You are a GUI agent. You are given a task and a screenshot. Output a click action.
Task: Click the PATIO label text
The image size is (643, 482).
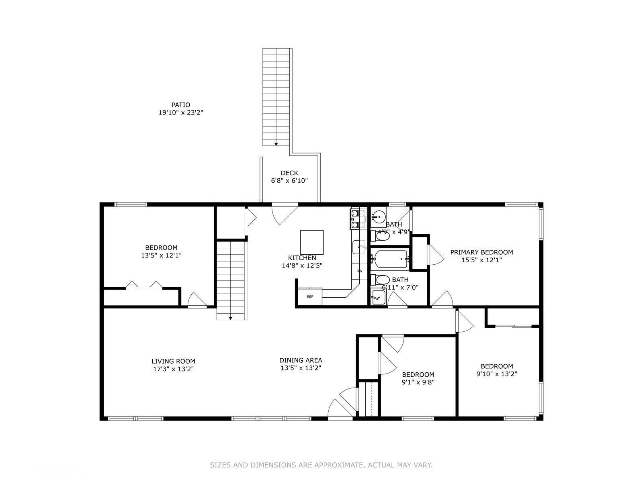(x=180, y=105)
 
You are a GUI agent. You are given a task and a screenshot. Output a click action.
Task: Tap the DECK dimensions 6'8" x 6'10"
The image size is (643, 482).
(x=289, y=181)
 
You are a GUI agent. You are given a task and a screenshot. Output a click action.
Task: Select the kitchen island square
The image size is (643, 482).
(x=312, y=242)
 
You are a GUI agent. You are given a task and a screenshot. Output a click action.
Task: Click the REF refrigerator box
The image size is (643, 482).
(x=310, y=296)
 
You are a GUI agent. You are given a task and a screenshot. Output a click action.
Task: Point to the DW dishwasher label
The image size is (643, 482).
(x=359, y=271)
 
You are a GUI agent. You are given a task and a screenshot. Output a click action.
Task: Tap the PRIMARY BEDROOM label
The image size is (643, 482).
(x=481, y=252)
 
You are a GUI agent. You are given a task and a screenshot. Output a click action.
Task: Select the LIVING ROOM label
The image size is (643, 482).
(x=173, y=361)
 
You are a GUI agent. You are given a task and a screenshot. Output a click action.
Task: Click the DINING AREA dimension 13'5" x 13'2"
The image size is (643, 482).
(x=301, y=368)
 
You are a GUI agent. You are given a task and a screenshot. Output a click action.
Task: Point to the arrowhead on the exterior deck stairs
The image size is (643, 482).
(x=276, y=143)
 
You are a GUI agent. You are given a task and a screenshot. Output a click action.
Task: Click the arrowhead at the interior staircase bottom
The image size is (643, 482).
(x=231, y=318)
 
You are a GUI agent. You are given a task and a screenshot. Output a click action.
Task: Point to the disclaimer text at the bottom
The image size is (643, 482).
(x=321, y=465)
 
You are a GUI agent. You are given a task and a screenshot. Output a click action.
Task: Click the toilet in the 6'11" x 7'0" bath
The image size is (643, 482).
(x=383, y=280)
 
